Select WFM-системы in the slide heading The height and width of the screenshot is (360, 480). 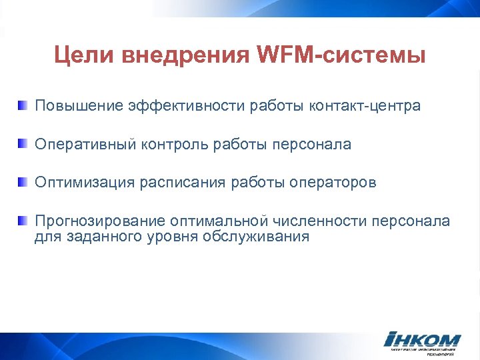coord(340,55)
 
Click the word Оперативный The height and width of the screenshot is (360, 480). coord(85,145)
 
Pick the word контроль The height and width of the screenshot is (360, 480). coord(175,145)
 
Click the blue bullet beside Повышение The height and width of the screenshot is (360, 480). coord(23,105)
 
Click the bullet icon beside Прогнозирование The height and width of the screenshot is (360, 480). coord(23,221)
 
